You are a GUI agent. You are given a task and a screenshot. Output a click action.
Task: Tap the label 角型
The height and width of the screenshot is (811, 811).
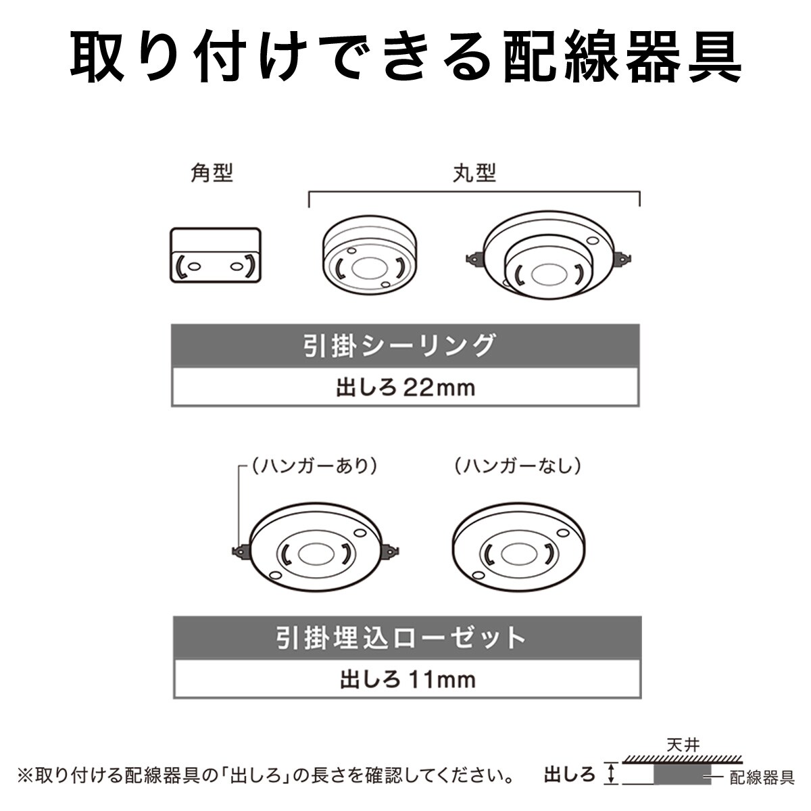point(212,174)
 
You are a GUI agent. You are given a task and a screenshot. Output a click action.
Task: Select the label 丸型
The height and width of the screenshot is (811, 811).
point(474,174)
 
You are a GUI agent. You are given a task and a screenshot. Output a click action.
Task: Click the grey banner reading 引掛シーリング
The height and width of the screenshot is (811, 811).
point(405,346)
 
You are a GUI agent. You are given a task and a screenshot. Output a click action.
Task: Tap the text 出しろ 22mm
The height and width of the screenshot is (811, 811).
point(405,388)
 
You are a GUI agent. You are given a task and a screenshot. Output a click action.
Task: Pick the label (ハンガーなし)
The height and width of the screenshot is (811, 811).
point(518,466)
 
